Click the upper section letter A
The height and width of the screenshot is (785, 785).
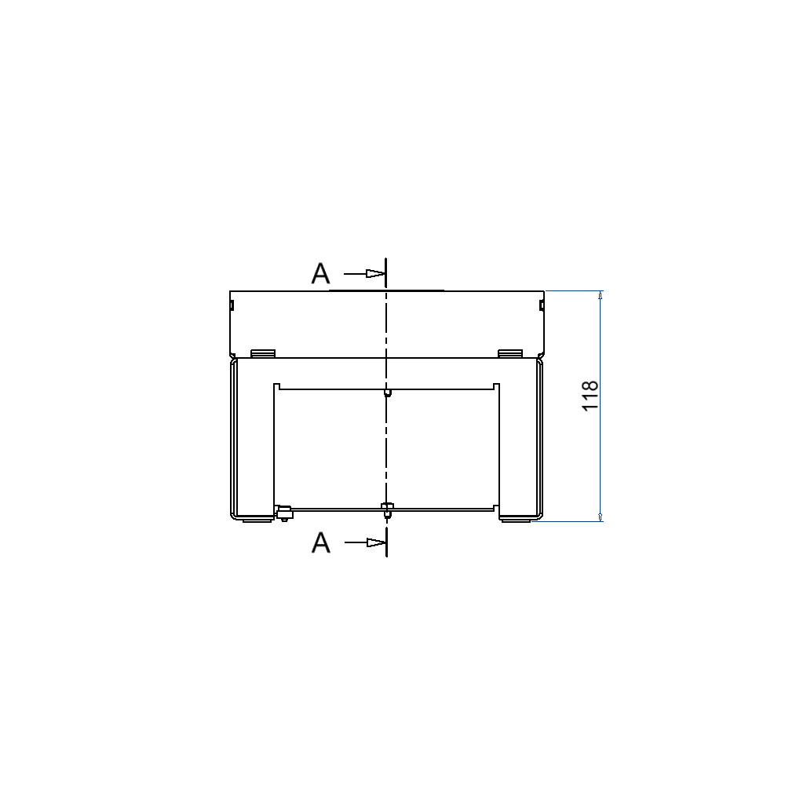click(x=320, y=273)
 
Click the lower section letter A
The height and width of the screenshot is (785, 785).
click(x=320, y=542)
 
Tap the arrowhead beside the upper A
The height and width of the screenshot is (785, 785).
click(x=375, y=273)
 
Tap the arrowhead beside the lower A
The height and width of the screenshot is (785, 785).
click(x=375, y=542)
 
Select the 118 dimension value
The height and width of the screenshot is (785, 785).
click(x=590, y=396)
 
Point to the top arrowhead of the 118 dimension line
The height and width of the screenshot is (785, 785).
click(x=601, y=295)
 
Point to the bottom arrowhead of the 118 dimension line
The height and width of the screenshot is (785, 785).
click(x=601, y=517)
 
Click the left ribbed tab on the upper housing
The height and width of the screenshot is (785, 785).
click(x=263, y=353)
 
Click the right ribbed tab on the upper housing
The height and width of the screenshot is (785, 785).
click(x=510, y=353)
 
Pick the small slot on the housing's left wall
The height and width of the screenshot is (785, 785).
click(x=232, y=305)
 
